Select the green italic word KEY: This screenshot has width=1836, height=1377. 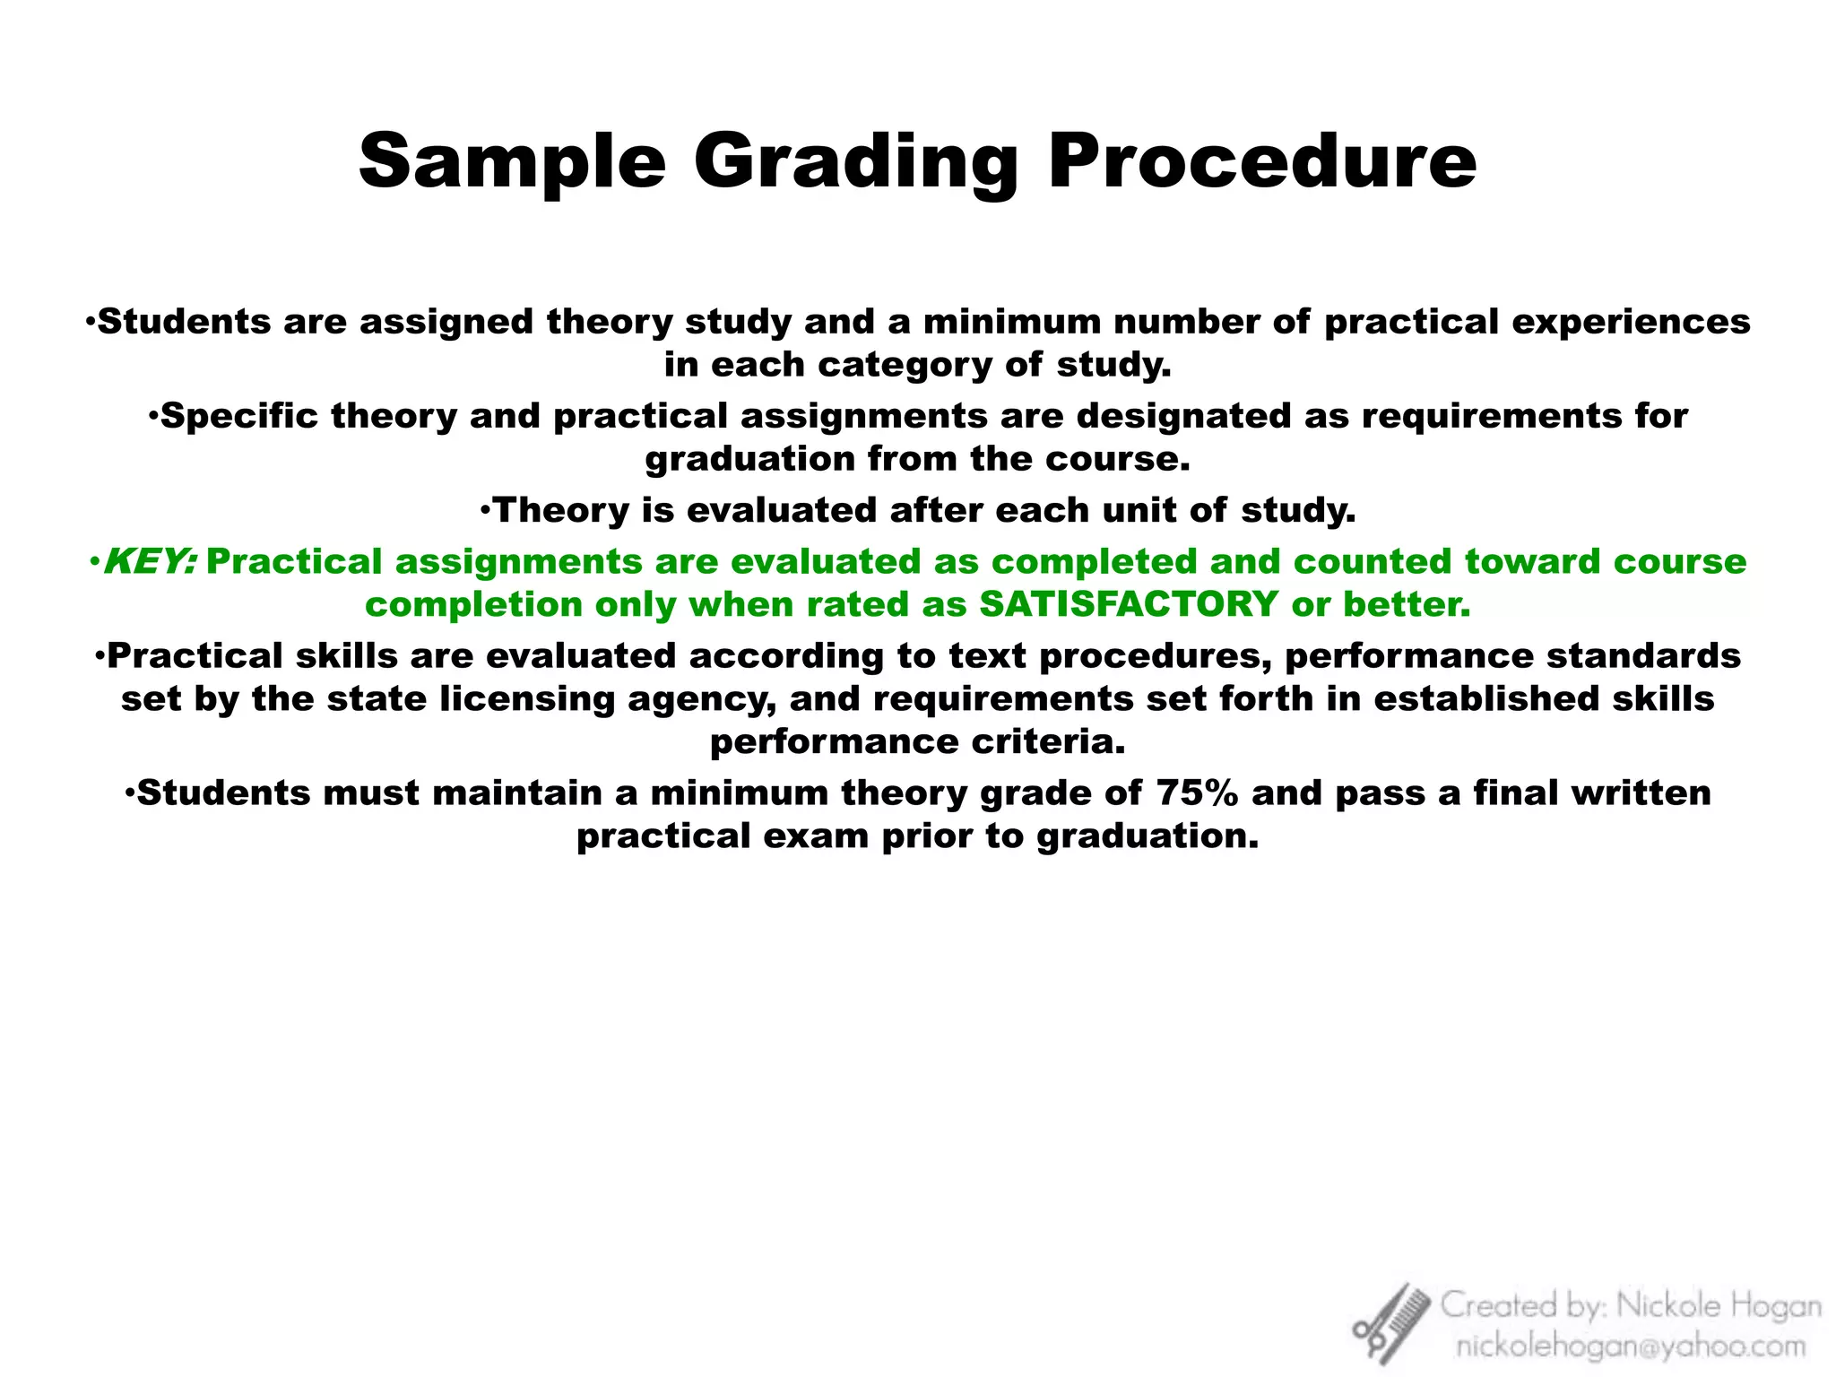pos(151,562)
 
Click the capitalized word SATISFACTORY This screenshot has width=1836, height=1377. pos(1129,605)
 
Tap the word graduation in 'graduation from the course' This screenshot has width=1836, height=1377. pos(749,459)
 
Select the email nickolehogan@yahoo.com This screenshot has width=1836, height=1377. pos(1631,1346)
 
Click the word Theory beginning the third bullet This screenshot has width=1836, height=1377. pos(562,511)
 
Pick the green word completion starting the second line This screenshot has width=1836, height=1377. pos(474,605)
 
